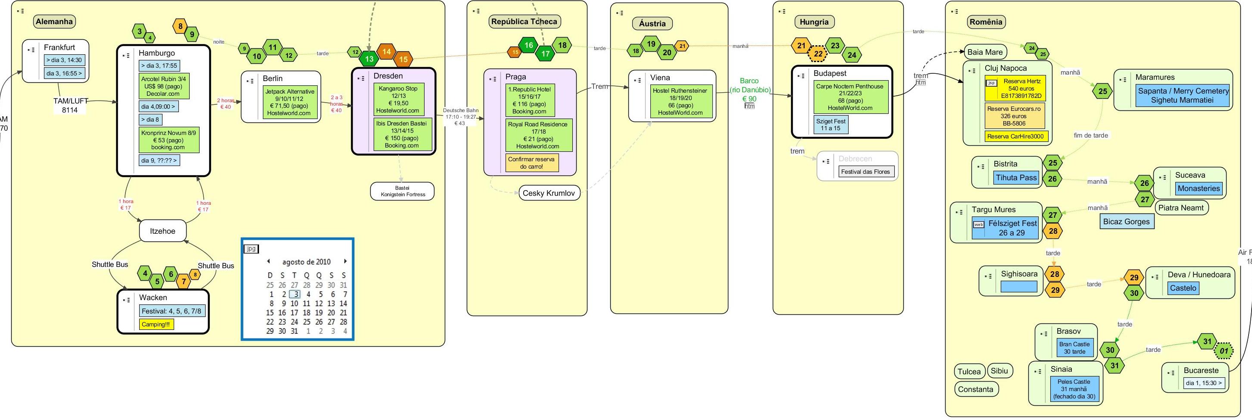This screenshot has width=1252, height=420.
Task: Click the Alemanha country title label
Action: [54, 22]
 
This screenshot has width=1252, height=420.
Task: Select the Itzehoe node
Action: [162, 231]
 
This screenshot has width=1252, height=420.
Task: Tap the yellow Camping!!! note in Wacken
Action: [156, 324]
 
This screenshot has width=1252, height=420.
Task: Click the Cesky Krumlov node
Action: [548, 193]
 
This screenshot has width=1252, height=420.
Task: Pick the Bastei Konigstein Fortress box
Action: [402, 191]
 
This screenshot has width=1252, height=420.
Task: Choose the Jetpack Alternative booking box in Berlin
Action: [290, 102]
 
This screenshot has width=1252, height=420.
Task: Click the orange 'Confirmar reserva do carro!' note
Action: [531, 163]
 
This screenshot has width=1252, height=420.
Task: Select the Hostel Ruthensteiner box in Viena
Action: [680, 102]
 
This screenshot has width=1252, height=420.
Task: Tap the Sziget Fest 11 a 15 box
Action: [831, 125]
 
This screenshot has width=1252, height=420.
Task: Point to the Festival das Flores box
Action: [865, 172]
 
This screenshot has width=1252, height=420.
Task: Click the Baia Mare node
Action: [985, 52]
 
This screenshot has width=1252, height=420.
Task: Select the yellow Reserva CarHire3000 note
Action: [1015, 137]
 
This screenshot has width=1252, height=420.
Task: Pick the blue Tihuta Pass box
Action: [1016, 178]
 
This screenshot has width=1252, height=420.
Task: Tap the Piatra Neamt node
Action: [1180, 207]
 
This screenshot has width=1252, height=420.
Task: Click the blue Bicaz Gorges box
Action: [1126, 222]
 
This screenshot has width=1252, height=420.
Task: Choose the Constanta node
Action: [975, 389]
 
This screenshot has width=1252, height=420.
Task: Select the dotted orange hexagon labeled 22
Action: [818, 53]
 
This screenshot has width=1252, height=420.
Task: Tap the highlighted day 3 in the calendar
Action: [294, 294]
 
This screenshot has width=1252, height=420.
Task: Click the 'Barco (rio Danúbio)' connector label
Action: [749, 85]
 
